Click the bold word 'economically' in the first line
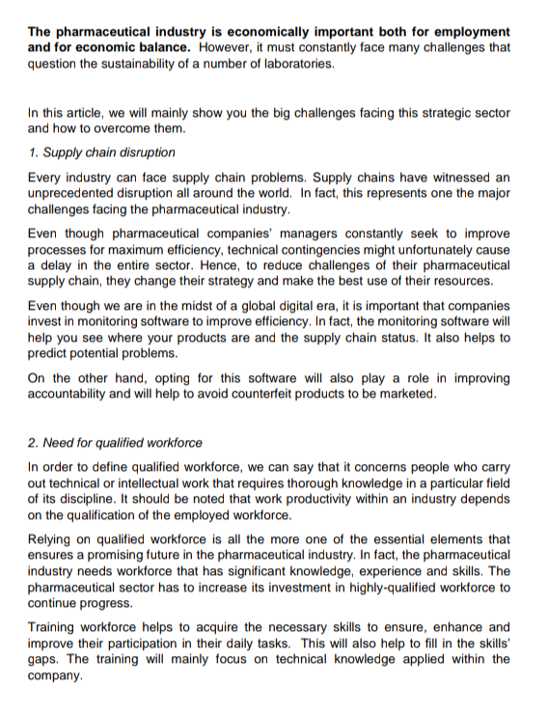[272, 32]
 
